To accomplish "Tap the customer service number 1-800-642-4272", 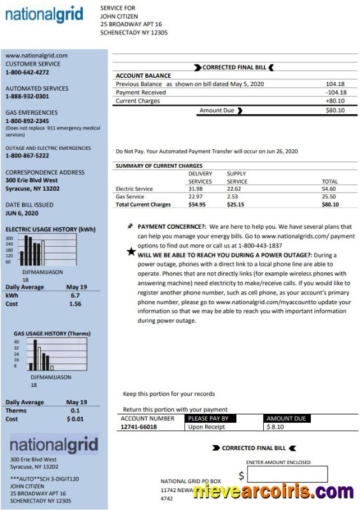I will tap(27, 73).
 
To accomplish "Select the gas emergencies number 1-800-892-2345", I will tap(27, 121).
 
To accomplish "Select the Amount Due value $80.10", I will tap(335, 110).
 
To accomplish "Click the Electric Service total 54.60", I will tap(329, 189).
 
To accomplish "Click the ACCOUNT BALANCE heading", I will tap(143, 76).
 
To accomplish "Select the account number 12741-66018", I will tap(139, 426).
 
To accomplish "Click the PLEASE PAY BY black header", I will tap(208, 419).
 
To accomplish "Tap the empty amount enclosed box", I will tap(287, 474).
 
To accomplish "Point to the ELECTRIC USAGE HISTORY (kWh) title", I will tap(50, 229).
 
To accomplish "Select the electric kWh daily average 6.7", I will tap(75, 296).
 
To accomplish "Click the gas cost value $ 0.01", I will tap(75, 419).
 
